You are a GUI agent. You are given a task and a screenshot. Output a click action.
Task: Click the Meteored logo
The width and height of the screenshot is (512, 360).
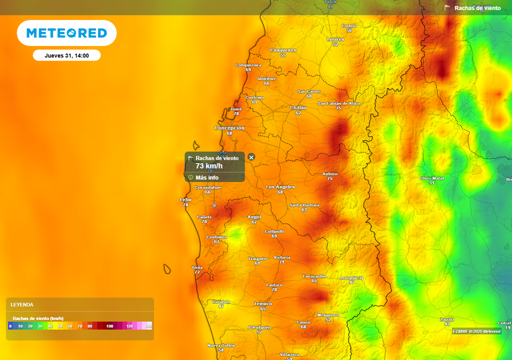point(66,33)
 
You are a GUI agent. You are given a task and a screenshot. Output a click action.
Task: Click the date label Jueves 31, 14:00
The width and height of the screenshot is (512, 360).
point(66,55)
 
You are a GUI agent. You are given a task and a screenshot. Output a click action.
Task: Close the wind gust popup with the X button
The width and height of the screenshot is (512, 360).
point(251,157)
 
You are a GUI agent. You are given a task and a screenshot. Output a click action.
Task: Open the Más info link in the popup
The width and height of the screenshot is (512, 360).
point(207,177)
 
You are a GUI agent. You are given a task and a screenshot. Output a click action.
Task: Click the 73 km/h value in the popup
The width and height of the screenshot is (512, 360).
point(209,166)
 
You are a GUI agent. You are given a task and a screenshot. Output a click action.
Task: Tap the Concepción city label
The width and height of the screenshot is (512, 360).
point(229,128)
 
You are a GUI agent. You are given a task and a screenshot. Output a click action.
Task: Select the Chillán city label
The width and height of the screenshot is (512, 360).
point(298,107)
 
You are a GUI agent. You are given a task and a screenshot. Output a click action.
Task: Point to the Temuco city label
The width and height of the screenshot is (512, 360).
point(263,303)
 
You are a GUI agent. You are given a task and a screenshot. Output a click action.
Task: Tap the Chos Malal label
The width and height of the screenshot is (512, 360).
point(432,178)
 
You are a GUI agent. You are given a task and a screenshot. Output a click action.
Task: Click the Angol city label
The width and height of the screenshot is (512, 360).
point(254,217)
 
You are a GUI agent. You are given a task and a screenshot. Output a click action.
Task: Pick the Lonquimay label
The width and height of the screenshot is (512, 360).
point(351,277)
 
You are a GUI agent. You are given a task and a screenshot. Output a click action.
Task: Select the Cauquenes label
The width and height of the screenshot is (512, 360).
point(283,50)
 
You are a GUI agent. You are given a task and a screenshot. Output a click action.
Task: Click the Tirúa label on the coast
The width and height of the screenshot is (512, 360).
point(197,267)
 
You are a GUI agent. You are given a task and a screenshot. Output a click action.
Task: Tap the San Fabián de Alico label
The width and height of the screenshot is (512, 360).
point(338,103)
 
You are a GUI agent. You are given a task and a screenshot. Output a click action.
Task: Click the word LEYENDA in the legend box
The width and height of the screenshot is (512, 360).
point(22,304)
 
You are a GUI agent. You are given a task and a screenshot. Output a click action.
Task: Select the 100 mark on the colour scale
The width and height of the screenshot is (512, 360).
point(109,326)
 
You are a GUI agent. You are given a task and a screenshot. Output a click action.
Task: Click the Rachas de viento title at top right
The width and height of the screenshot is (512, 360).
point(477,8)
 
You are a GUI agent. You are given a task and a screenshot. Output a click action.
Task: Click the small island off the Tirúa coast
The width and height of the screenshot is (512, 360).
point(167,269)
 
